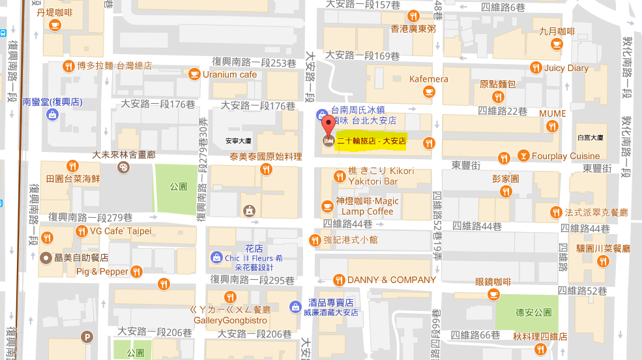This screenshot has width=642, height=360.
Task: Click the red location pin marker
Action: point(328,125)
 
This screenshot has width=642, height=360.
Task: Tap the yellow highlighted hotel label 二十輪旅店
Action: point(371,140)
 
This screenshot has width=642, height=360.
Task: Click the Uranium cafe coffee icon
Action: point(194,74)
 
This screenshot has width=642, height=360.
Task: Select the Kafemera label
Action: point(429,80)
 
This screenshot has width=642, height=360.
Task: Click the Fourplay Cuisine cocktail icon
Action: point(523,156)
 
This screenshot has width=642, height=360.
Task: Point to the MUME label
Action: point(552,113)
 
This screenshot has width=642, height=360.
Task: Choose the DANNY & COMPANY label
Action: point(391,280)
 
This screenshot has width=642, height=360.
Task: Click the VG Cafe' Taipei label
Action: point(121,231)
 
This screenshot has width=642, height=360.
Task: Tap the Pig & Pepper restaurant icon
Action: point(137,271)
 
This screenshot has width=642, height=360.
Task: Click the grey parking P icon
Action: point(87,337)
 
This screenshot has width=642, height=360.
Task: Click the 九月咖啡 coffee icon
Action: point(556,44)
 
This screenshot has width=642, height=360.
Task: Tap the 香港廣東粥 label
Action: point(413,29)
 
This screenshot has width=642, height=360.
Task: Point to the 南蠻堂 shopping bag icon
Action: point(52,115)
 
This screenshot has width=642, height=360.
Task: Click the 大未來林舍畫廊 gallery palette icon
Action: point(123,168)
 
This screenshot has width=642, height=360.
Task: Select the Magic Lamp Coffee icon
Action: point(327,206)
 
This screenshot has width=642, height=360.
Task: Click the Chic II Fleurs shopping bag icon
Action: point(216,258)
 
